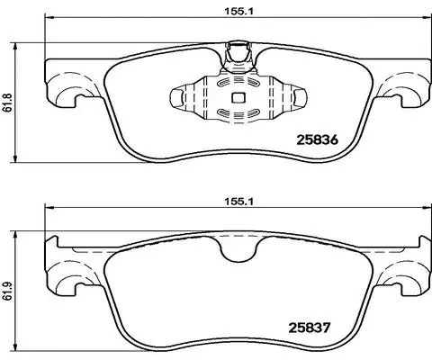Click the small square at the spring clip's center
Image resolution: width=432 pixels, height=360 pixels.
pyautogui.click(x=238, y=100)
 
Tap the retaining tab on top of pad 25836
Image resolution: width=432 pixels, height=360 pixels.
pyautogui.click(x=238, y=52)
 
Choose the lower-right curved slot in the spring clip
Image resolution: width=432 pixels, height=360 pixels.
pyautogui.click(x=254, y=113)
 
